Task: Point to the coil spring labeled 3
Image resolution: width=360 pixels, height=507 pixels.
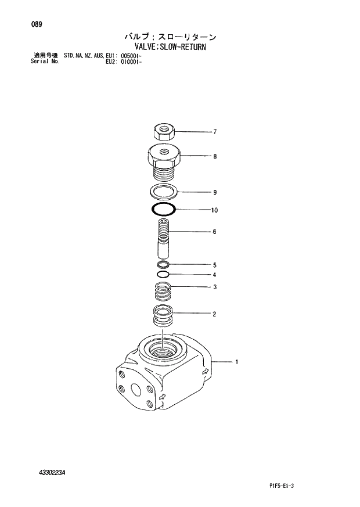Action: [163, 289]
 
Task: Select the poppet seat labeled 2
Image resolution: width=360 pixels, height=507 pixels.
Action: [163, 316]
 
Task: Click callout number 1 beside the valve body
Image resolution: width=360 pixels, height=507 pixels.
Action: [236, 362]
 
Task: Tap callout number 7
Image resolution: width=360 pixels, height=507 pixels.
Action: [214, 132]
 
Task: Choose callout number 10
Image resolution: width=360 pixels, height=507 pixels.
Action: [215, 210]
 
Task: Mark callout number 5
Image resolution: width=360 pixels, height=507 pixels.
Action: [214, 265]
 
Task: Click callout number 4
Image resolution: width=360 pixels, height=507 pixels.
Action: [214, 275]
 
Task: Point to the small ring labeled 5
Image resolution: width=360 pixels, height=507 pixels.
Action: [163, 265]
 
